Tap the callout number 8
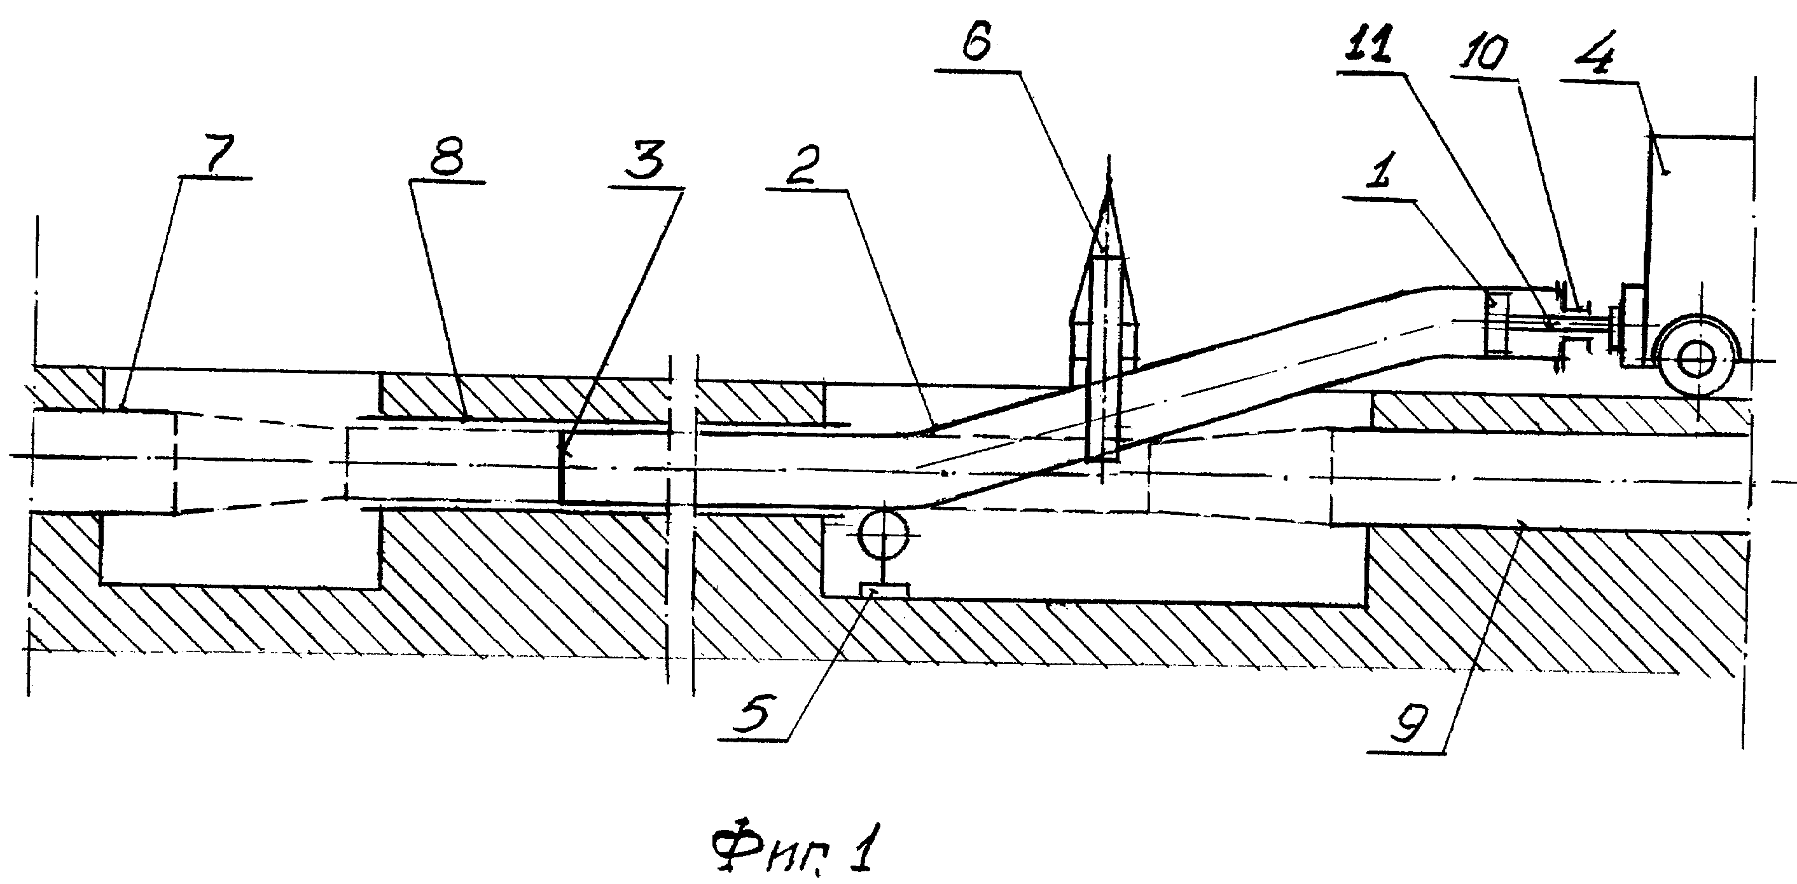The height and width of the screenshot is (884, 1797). tap(447, 159)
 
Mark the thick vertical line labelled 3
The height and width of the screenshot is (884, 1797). tap(562, 465)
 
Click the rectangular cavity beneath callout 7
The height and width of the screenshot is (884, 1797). tap(240, 549)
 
